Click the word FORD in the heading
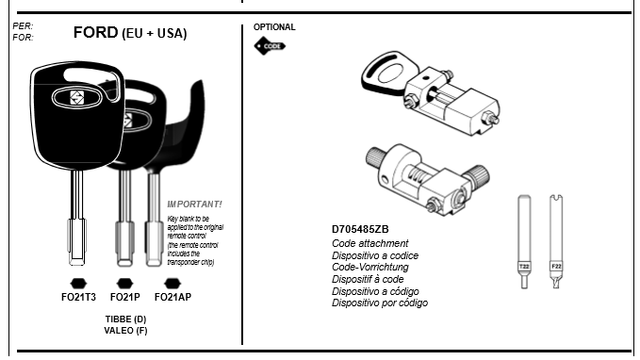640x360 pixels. point(95,32)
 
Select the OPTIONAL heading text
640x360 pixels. point(274,27)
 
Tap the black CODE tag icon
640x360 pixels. point(270,46)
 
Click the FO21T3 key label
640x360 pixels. point(78,297)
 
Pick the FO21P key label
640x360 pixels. point(125,297)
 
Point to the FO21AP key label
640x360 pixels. point(172,297)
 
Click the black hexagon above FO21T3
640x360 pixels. point(78,284)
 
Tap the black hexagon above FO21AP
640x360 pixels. point(172,284)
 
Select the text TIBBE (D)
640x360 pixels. point(125,319)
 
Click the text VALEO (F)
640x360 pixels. point(125,330)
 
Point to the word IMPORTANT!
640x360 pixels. point(195,205)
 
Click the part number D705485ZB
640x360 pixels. point(360,229)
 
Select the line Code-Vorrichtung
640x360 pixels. point(370,267)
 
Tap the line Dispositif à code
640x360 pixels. point(368,279)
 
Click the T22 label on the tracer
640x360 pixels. point(524,267)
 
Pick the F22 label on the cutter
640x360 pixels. point(556,267)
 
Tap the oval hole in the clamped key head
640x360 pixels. point(390,74)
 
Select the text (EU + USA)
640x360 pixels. point(155,34)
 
